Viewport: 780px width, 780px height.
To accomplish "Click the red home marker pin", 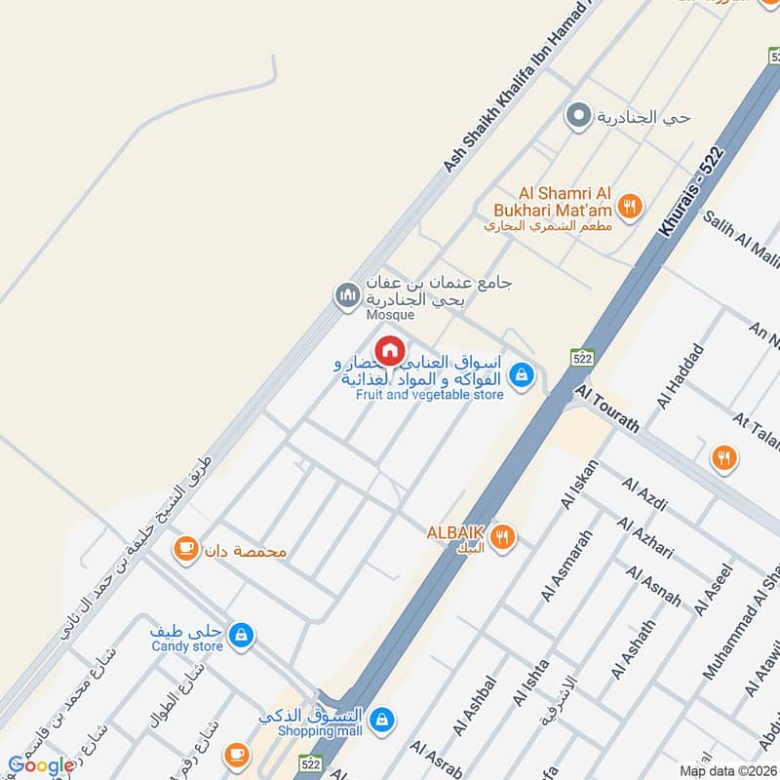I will (x=390, y=349).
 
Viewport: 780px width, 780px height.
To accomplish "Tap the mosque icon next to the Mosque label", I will (x=346, y=293).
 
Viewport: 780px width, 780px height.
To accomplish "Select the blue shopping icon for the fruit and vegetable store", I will (x=523, y=373).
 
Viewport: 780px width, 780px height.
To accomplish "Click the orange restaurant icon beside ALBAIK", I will (x=503, y=535).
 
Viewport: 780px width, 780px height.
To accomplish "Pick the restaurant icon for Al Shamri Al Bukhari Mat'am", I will (x=631, y=206).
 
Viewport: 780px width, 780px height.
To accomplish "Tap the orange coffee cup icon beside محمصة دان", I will (x=184, y=551).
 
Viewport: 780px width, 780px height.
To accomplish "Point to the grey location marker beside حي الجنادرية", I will (x=578, y=117).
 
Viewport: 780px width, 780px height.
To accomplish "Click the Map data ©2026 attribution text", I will (x=727, y=770).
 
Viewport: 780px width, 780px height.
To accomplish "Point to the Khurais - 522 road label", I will (x=691, y=191).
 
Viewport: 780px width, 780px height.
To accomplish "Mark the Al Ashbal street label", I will (x=475, y=705).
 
